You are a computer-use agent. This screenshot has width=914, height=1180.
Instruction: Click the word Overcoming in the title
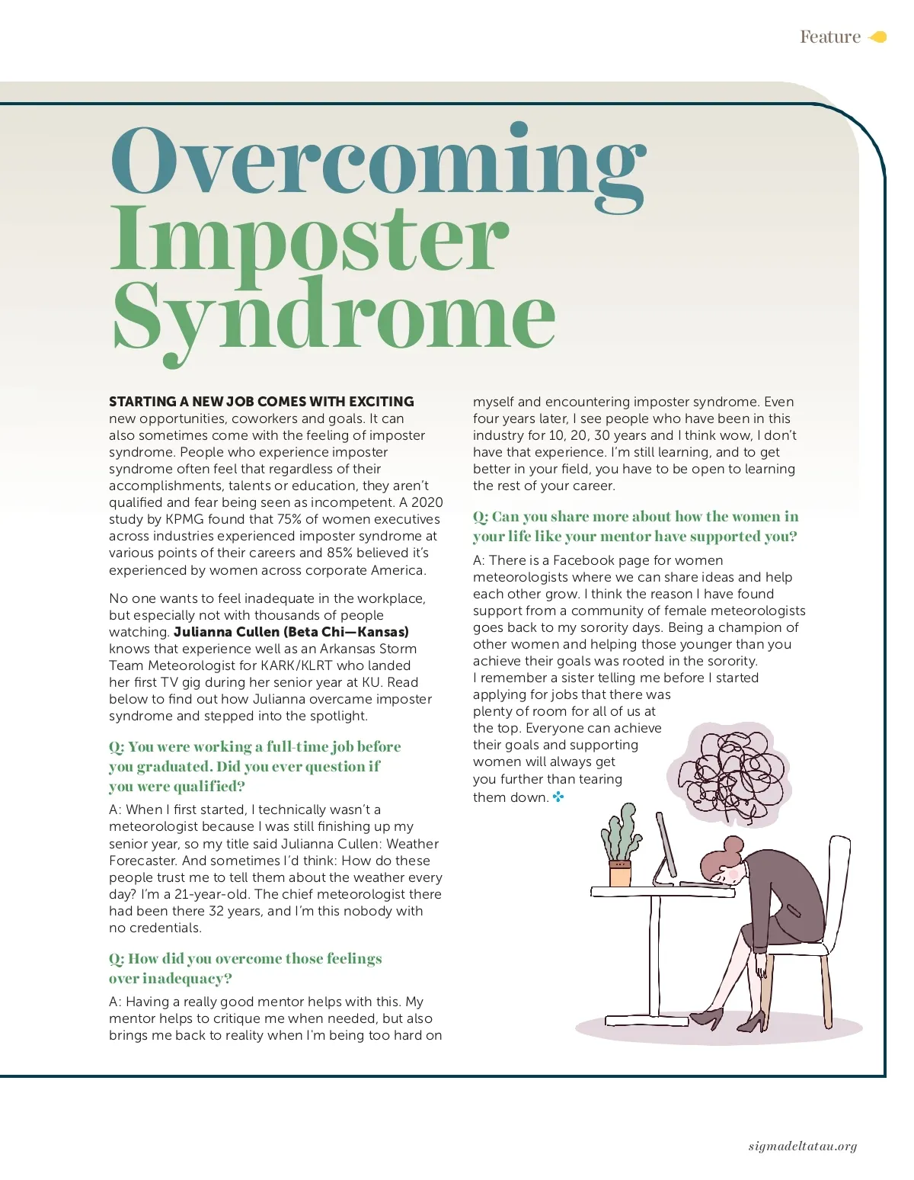click(x=379, y=162)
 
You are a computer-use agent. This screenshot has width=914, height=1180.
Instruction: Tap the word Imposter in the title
click(x=308, y=240)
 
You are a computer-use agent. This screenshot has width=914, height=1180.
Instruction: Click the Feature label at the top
click(x=829, y=37)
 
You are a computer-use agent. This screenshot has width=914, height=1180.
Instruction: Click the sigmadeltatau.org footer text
click(x=802, y=1146)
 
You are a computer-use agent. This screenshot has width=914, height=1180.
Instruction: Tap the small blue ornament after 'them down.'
click(x=558, y=797)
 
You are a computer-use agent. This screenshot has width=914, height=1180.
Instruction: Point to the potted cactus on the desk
click(x=622, y=846)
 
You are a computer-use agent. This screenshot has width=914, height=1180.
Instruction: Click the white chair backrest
click(x=836, y=884)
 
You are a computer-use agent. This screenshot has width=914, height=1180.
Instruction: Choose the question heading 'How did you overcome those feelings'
click(x=245, y=959)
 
